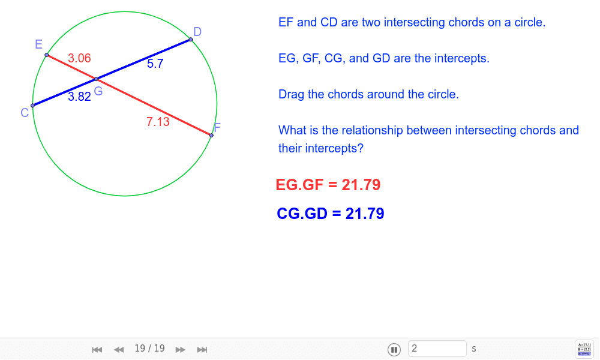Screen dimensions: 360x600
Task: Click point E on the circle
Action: [x=47, y=55]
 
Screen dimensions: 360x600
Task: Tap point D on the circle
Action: [x=191, y=40]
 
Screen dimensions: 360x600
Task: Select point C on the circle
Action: [x=32, y=106]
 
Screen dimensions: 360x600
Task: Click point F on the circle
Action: [x=211, y=136]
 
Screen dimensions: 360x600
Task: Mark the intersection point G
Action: [x=96, y=79]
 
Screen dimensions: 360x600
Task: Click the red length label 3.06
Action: [x=79, y=58]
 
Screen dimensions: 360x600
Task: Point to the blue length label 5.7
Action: [x=155, y=64]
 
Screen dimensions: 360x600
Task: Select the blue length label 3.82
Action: [x=79, y=97]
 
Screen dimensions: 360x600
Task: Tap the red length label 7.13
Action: [x=158, y=122]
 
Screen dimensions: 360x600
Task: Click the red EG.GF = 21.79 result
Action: [x=328, y=185]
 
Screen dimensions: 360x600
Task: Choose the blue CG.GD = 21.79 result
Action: [x=330, y=214]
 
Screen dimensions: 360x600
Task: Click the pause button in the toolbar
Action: [x=394, y=349]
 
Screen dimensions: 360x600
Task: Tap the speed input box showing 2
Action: [x=437, y=349]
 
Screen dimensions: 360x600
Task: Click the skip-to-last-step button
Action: [x=202, y=349]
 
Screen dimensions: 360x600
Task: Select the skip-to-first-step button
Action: [x=97, y=349]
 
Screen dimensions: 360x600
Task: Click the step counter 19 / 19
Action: [x=149, y=349]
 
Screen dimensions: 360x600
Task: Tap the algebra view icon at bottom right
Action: [x=584, y=349]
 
